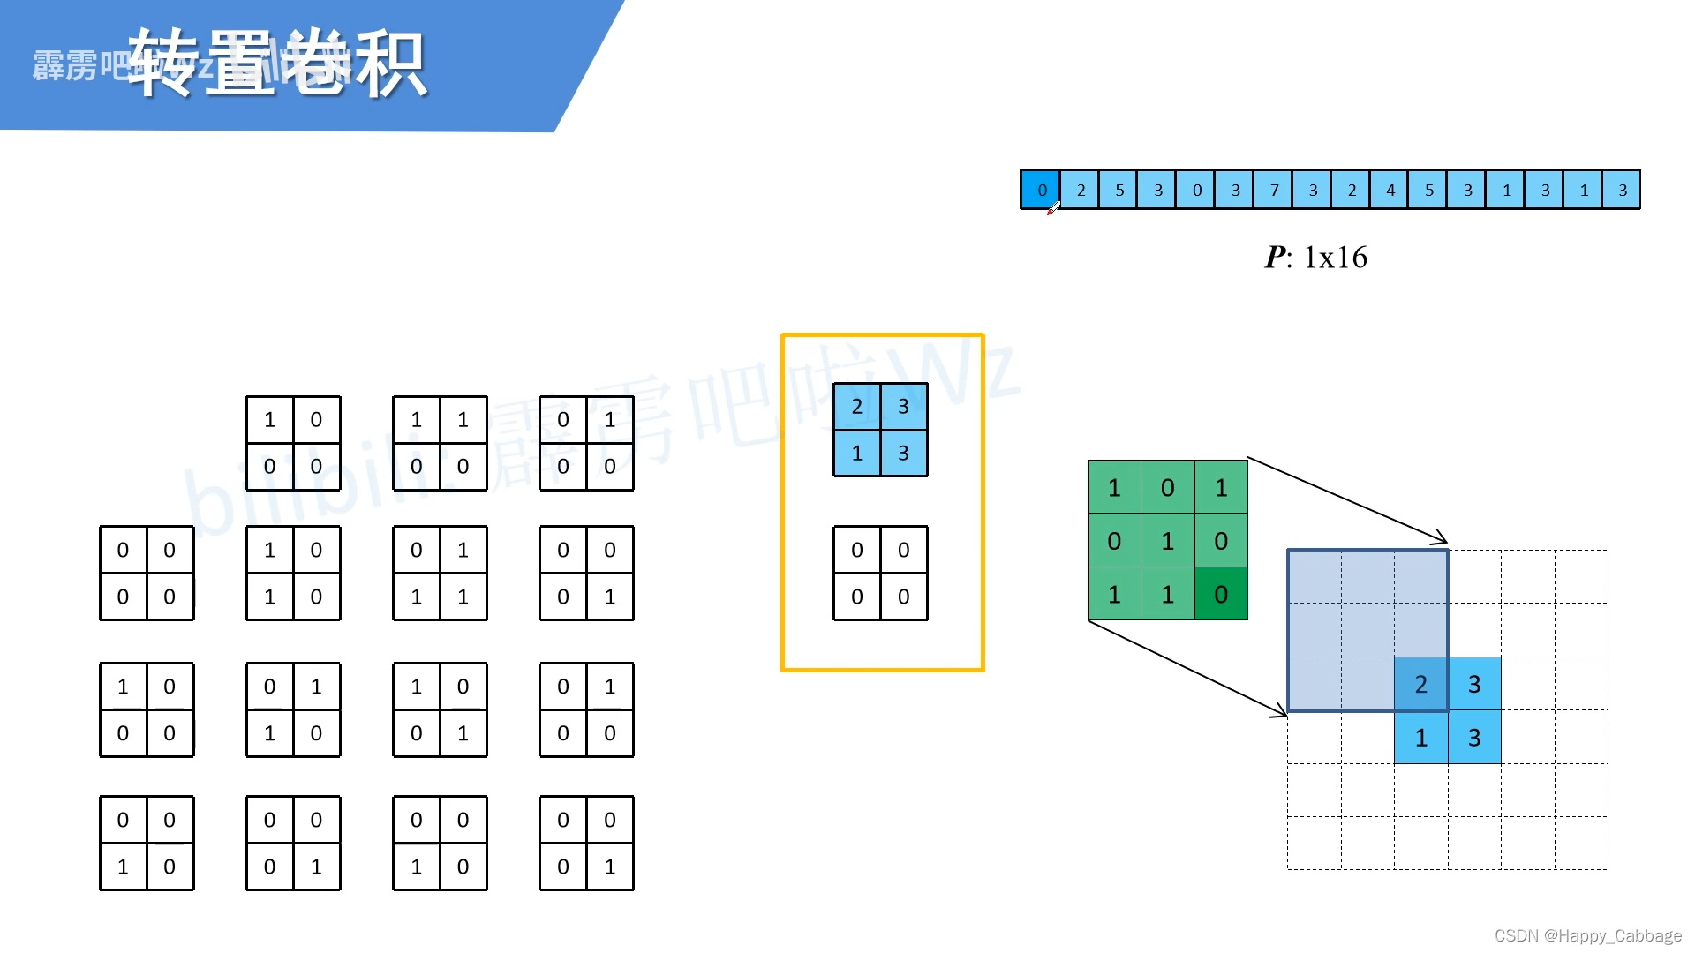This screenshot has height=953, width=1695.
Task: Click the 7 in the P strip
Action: click(x=1274, y=190)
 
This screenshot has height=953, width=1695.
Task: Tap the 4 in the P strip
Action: click(x=1390, y=190)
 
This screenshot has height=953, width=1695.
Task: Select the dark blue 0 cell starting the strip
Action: click(x=1041, y=190)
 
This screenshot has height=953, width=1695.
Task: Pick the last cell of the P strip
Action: click(x=1622, y=190)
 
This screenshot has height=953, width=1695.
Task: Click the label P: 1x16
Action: click(x=1315, y=258)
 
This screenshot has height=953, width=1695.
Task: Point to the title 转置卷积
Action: click(x=277, y=64)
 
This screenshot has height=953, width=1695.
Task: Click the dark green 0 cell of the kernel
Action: click(x=1221, y=594)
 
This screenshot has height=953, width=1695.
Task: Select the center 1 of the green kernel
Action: click(x=1167, y=541)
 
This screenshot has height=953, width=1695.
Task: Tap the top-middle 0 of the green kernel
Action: click(x=1167, y=488)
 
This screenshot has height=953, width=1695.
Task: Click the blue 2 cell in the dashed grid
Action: click(x=1420, y=684)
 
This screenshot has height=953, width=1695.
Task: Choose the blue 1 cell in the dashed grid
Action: click(x=1420, y=738)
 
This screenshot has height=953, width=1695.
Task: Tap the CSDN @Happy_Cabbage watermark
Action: click(x=1587, y=935)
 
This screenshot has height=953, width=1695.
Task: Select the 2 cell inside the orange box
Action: click(x=856, y=407)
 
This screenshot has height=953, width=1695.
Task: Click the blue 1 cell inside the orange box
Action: click(x=856, y=454)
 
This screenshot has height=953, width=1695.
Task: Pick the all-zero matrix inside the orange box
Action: click(x=880, y=574)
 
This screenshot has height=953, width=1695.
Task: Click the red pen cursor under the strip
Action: click(x=1052, y=209)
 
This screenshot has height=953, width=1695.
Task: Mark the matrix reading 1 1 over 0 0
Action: click(x=440, y=443)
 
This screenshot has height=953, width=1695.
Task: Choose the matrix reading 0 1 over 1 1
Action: click(x=440, y=574)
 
